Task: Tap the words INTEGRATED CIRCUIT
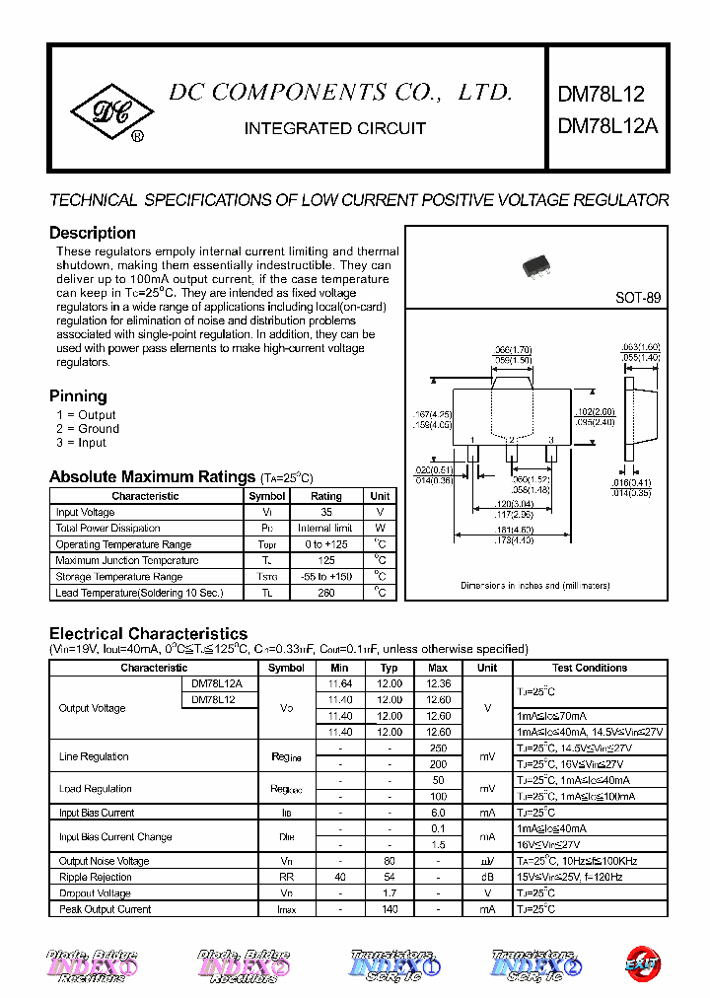(334, 128)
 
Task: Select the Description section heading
(93, 233)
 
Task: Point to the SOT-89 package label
(638, 298)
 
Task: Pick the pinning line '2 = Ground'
(88, 429)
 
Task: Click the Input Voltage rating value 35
(326, 513)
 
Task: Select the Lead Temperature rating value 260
(326, 593)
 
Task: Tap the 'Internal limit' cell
(326, 529)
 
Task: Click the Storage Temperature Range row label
(119, 577)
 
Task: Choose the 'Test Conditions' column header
(590, 668)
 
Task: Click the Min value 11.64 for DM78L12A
(340, 683)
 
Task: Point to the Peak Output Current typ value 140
(390, 909)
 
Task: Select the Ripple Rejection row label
(96, 877)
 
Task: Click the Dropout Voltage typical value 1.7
(390, 893)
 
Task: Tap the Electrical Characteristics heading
(148, 633)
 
